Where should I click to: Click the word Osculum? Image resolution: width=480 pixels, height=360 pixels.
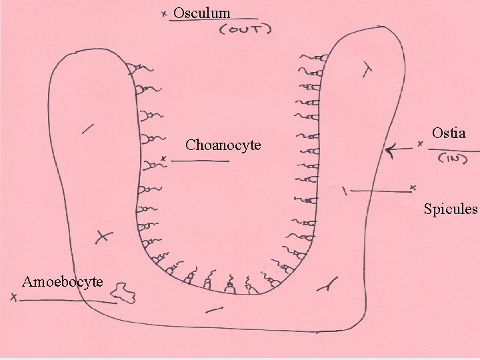pyautogui.click(x=202, y=13)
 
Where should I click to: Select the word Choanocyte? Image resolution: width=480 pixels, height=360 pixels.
pyautogui.click(x=223, y=145)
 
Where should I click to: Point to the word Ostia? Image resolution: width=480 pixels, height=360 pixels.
pyautogui.click(x=449, y=133)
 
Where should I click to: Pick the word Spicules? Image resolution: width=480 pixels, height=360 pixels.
pyautogui.click(x=451, y=209)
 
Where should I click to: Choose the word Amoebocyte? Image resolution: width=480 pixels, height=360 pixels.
pyautogui.click(x=62, y=281)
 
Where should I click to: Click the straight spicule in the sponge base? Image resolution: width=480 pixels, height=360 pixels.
pyautogui.click(x=215, y=309)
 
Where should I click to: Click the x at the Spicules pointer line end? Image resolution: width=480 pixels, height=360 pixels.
pyautogui.click(x=413, y=187)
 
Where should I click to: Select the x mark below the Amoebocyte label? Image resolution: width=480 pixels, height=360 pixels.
pyautogui.click(x=14, y=299)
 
